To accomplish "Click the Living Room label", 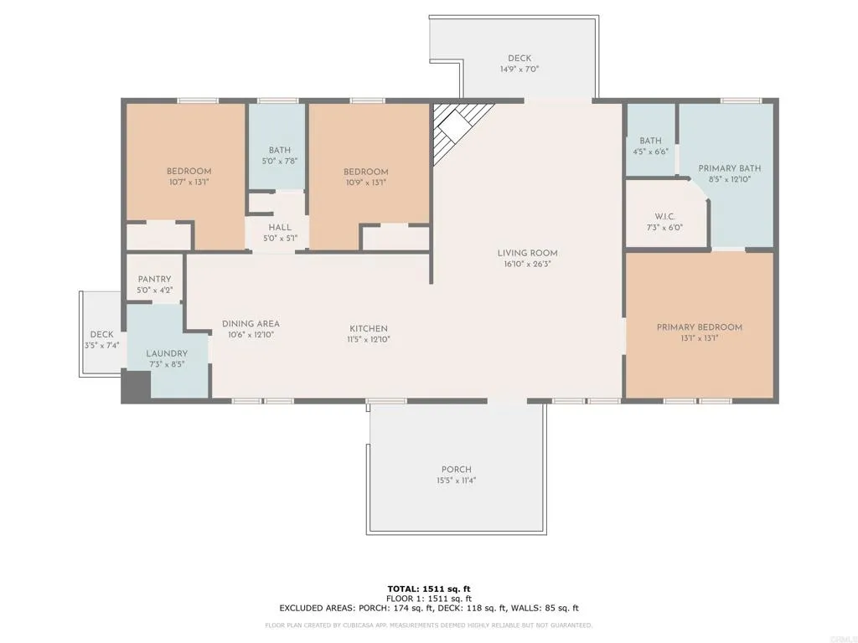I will pos(527,253).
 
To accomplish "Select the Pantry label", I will pos(154,279).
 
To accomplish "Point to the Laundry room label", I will pos(165,353).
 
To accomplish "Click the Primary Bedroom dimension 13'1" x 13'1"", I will pos(699,339).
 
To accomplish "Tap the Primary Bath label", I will pos(729,168).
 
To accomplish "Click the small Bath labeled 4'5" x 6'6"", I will pos(650,141).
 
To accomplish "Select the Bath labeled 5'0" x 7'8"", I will pos(280,151).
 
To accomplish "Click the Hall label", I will pos(280,227).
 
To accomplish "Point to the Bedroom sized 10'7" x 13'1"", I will pos(189,172).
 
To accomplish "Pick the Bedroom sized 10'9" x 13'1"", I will pos(365,172).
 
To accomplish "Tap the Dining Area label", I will pos(251,324).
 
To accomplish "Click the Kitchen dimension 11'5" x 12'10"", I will pos(368,340).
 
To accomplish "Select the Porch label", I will pos(457,470).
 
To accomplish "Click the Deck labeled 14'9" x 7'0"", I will pos(519,59).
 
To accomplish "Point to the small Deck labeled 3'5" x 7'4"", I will pos(101,335).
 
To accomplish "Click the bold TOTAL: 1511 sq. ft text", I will pos(429,589).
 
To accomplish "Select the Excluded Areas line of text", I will pos(429,609).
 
